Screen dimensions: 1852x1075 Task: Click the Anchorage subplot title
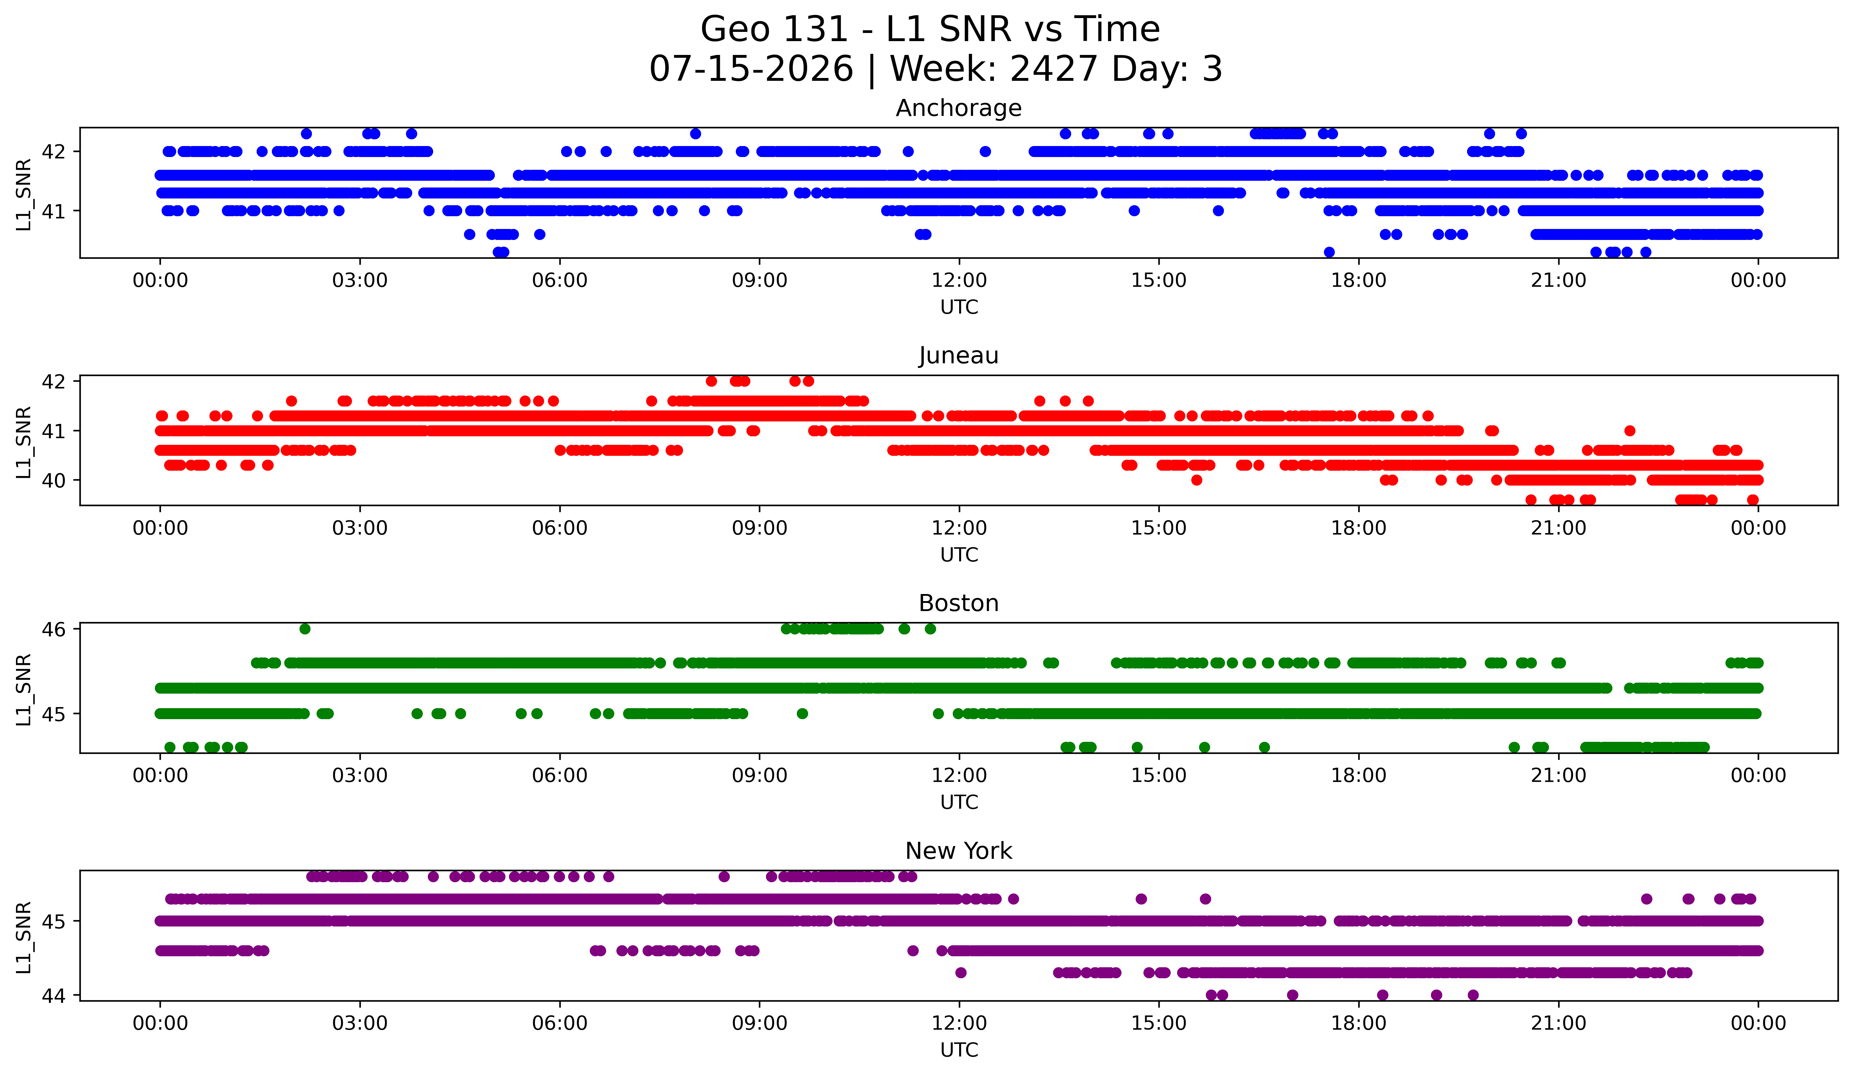pos(958,108)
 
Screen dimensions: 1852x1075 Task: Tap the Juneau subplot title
pos(958,355)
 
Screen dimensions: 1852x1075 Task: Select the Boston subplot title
pos(958,603)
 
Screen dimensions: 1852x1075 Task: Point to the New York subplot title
pos(958,851)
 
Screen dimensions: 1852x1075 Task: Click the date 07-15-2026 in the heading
pos(751,69)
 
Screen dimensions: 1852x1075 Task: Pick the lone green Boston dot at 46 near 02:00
pos(305,629)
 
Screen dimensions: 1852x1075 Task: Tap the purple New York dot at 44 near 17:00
pos(1293,995)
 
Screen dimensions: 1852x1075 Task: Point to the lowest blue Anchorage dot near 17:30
pos(1329,252)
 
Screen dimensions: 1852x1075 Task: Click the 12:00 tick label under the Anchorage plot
pos(959,281)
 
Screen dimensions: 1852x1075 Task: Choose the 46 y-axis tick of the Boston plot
pos(54,629)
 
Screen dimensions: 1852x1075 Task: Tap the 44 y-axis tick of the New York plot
pos(54,996)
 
